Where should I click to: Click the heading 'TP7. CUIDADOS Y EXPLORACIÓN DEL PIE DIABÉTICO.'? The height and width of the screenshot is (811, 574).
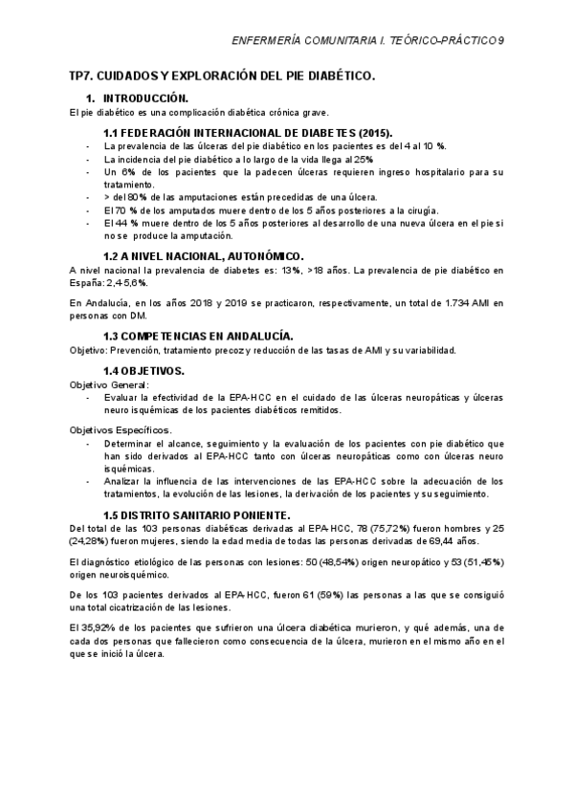tap(222, 76)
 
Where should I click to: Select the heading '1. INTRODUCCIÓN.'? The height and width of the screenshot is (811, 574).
tap(137, 99)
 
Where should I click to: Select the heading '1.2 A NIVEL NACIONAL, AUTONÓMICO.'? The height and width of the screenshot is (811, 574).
tap(203, 256)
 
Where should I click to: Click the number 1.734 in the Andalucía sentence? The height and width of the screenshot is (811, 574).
tap(418, 302)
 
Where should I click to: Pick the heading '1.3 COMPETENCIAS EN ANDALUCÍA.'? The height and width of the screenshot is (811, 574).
tap(198, 336)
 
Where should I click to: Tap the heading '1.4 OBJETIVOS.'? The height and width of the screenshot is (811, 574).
tap(143, 369)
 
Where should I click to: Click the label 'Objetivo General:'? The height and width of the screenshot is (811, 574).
tap(109, 384)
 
